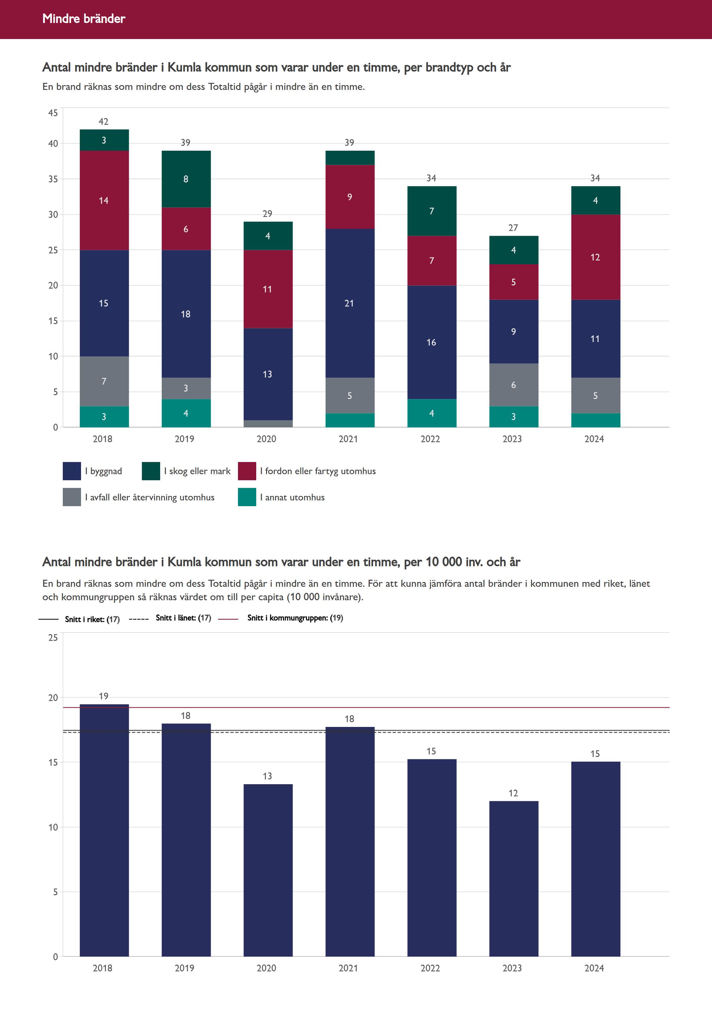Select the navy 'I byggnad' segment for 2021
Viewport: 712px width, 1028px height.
350,303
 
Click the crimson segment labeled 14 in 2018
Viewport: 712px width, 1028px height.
104,201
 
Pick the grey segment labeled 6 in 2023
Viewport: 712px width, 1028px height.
513,385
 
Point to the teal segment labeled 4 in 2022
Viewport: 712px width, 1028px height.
431,413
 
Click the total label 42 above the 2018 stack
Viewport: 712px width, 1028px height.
103,122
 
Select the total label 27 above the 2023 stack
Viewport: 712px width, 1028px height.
513,228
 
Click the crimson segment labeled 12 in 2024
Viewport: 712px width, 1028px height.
595,257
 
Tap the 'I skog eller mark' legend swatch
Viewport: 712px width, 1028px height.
151,471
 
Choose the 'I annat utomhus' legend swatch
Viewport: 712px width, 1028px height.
247,497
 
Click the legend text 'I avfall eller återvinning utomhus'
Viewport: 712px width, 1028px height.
150,497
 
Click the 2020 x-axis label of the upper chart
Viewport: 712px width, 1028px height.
266,439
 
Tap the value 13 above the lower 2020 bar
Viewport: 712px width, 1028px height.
267,776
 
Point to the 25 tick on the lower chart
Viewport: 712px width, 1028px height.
53,638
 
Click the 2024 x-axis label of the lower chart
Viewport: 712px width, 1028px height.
594,968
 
